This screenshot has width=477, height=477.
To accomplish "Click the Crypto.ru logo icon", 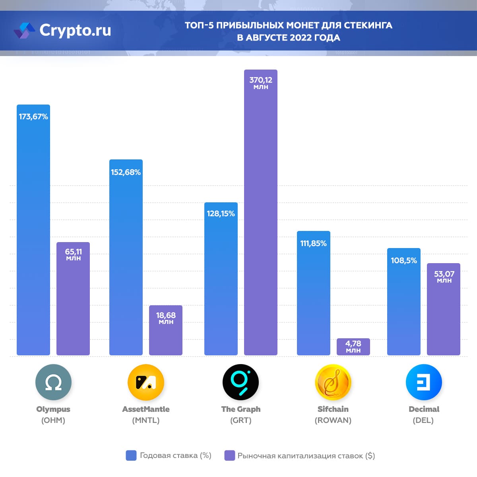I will pos(24,31).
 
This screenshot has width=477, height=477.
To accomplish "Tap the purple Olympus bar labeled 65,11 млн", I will pos(73,299).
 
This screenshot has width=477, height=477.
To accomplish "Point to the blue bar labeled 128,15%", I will pos(221,279).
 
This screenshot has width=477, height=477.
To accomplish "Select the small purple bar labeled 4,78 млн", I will pos(353,347).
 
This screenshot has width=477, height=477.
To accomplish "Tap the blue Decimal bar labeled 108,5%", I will pos(404,302).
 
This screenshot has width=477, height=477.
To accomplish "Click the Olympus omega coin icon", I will pos(53,382).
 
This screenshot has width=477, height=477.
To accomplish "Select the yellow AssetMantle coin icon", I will pos(146,382).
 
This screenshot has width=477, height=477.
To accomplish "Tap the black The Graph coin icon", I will pos(240,382).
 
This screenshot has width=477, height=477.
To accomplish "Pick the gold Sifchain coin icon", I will pos(333,382).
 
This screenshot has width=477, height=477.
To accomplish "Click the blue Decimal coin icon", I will pos(424,382).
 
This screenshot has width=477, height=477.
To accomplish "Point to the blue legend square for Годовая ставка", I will pos(131,456).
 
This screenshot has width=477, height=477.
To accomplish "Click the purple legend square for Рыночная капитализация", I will pos(230,456).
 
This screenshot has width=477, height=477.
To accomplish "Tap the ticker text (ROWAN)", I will pos(333,421).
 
